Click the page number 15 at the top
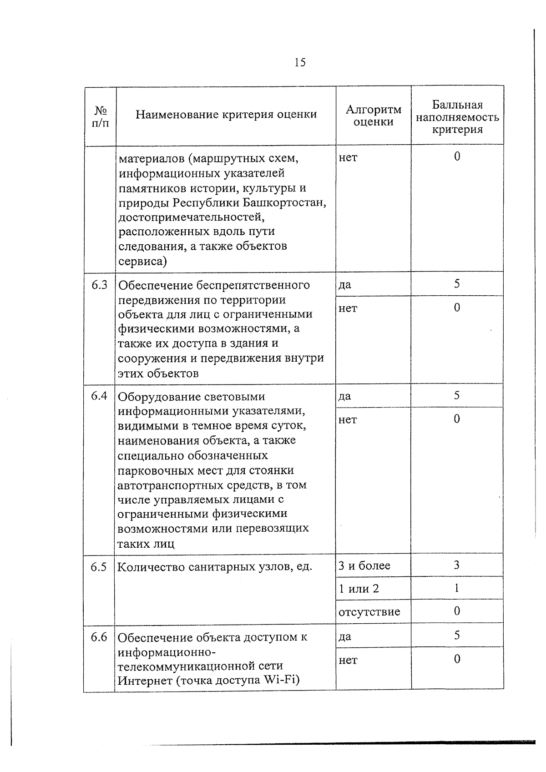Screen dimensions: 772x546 300,62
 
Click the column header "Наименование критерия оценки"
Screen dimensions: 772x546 226,114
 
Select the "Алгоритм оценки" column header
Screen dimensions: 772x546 373,116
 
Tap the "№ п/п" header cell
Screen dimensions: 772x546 100,116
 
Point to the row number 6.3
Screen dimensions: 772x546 99,285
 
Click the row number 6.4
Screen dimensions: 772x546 99,396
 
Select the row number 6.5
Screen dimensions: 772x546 99,567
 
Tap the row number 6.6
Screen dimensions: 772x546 99,637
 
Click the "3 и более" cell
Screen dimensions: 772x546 364,565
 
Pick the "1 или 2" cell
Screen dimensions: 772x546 359,589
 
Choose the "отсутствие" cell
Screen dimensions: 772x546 369,612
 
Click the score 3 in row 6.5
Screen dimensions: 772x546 456,565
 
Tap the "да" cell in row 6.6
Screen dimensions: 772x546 345,636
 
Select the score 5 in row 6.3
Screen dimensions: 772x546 456,284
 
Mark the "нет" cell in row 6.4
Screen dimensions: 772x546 348,419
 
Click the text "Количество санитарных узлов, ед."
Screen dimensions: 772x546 215,567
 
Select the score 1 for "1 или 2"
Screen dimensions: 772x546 456,588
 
